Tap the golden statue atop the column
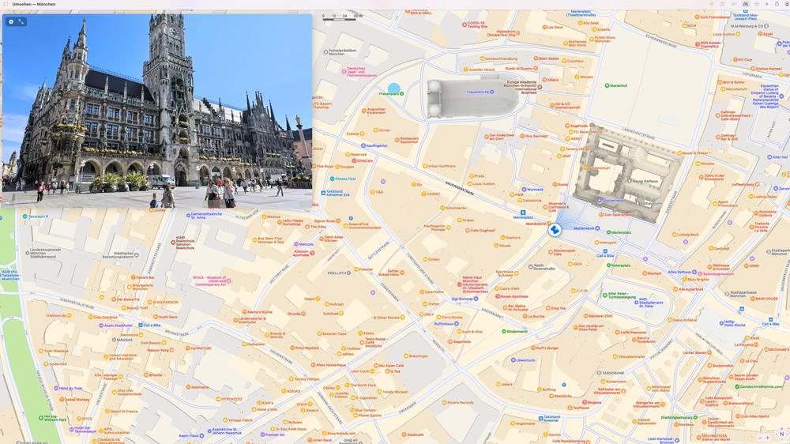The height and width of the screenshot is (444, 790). tap(299, 119)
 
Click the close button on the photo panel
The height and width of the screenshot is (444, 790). tap(11, 21)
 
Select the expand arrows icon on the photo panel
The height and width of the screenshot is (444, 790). tap(21, 21)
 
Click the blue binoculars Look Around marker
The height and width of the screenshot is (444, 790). tap(555, 230)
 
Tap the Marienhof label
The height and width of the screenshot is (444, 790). tap(616, 85)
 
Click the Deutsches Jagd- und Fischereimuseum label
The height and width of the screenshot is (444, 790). tap(362, 72)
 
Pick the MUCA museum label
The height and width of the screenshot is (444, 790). tap(209, 280)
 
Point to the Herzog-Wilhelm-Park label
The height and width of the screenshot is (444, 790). tap(51, 418)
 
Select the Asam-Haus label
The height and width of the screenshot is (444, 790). tap(188, 435)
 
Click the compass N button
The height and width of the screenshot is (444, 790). tap(781, 434)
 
